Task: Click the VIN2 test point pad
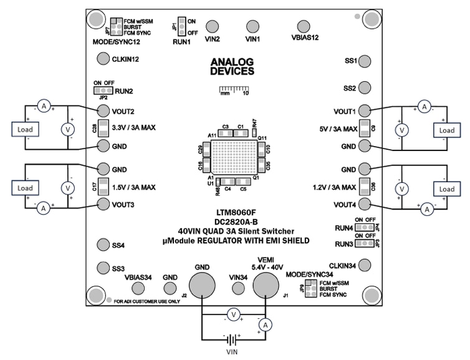[x=213, y=26]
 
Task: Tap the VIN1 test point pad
[x=252, y=26]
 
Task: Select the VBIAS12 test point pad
[x=304, y=26]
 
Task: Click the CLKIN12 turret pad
[x=103, y=59]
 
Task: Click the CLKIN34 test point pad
[x=366, y=266]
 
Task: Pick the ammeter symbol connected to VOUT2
[x=44, y=107]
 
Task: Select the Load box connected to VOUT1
[x=446, y=130]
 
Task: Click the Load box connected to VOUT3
[x=24, y=188]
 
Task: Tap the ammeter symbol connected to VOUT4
[x=427, y=210]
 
